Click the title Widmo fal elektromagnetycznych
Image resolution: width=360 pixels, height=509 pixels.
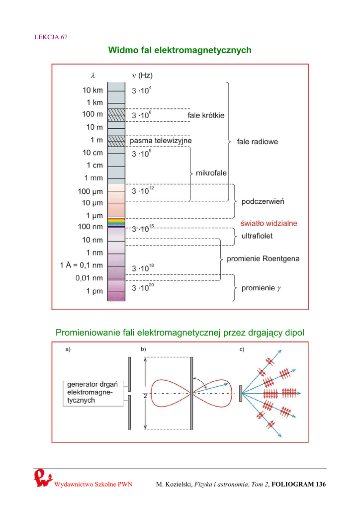pyautogui.click(x=180, y=50)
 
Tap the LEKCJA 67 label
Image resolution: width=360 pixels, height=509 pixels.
pyautogui.click(x=51, y=37)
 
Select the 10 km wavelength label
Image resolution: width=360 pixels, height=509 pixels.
pyautogui.click(x=92, y=90)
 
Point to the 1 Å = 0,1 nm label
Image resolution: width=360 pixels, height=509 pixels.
pyautogui.click(x=81, y=265)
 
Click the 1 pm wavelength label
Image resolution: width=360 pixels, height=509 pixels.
pyautogui.click(x=94, y=291)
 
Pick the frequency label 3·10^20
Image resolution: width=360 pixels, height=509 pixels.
pyautogui.click(x=143, y=287)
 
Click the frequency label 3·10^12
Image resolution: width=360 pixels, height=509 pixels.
pyautogui.click(x=143, y=190)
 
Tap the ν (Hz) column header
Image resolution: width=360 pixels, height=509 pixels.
pyautogui.click(x=142, y=76)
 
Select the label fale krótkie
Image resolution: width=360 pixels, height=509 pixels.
pyautogui.click(x=206, y=115)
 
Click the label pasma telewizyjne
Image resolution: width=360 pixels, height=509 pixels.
pyautogui.click(x=161, y=141)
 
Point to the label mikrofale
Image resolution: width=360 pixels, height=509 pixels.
pyautogui.click(x=211, y=173)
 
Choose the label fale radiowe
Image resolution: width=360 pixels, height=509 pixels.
pyautogui.click(x=258, y=142)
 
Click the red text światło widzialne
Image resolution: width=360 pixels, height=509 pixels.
pyautogui.click(x=269, y=223)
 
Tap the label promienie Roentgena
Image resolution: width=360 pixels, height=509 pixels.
pyautogui.click(x=263, y=258)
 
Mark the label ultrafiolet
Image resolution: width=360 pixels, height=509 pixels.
pyautogui.click(x=257, y=236)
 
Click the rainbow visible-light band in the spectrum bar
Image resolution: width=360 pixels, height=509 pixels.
pyautogui.click(x=116, y=222)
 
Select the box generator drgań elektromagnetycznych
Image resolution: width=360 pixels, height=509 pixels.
pyautogui.click(x=93, y=394)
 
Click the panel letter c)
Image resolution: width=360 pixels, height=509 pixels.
pyautogui.click(x=242, y=349)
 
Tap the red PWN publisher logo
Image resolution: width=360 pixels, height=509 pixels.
pyautogui.click(x=43, y=478)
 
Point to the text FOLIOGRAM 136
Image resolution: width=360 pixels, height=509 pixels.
pyautogui.click(x=299, y=484)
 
